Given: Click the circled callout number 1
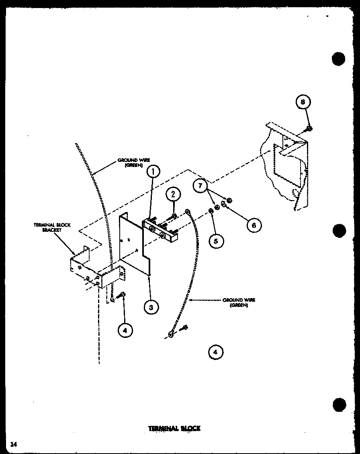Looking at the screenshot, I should [x=153, y=172].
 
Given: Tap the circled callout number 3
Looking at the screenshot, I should [x=151, y=307].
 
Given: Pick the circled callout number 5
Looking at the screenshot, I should [x=216, y=241].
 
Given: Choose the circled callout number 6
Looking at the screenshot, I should [x=254, y=225].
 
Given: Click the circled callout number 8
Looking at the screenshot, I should [x=303, y=102].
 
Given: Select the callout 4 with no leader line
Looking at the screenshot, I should [x=215, y=352].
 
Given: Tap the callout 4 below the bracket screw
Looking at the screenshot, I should [x=125, y=330].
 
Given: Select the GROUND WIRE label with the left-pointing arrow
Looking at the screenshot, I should [x=239, y=302].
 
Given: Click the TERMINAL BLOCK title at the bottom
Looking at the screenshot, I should [x=174, y=428].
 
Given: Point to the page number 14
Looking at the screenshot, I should [x=14, y=444].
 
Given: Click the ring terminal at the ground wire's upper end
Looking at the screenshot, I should [x=187, y=212].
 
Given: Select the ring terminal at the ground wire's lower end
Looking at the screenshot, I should [x=171, y=334].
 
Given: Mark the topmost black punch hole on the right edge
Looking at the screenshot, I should [x=339, y=59].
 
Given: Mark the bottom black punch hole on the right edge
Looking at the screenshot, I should [x=339, y=404].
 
